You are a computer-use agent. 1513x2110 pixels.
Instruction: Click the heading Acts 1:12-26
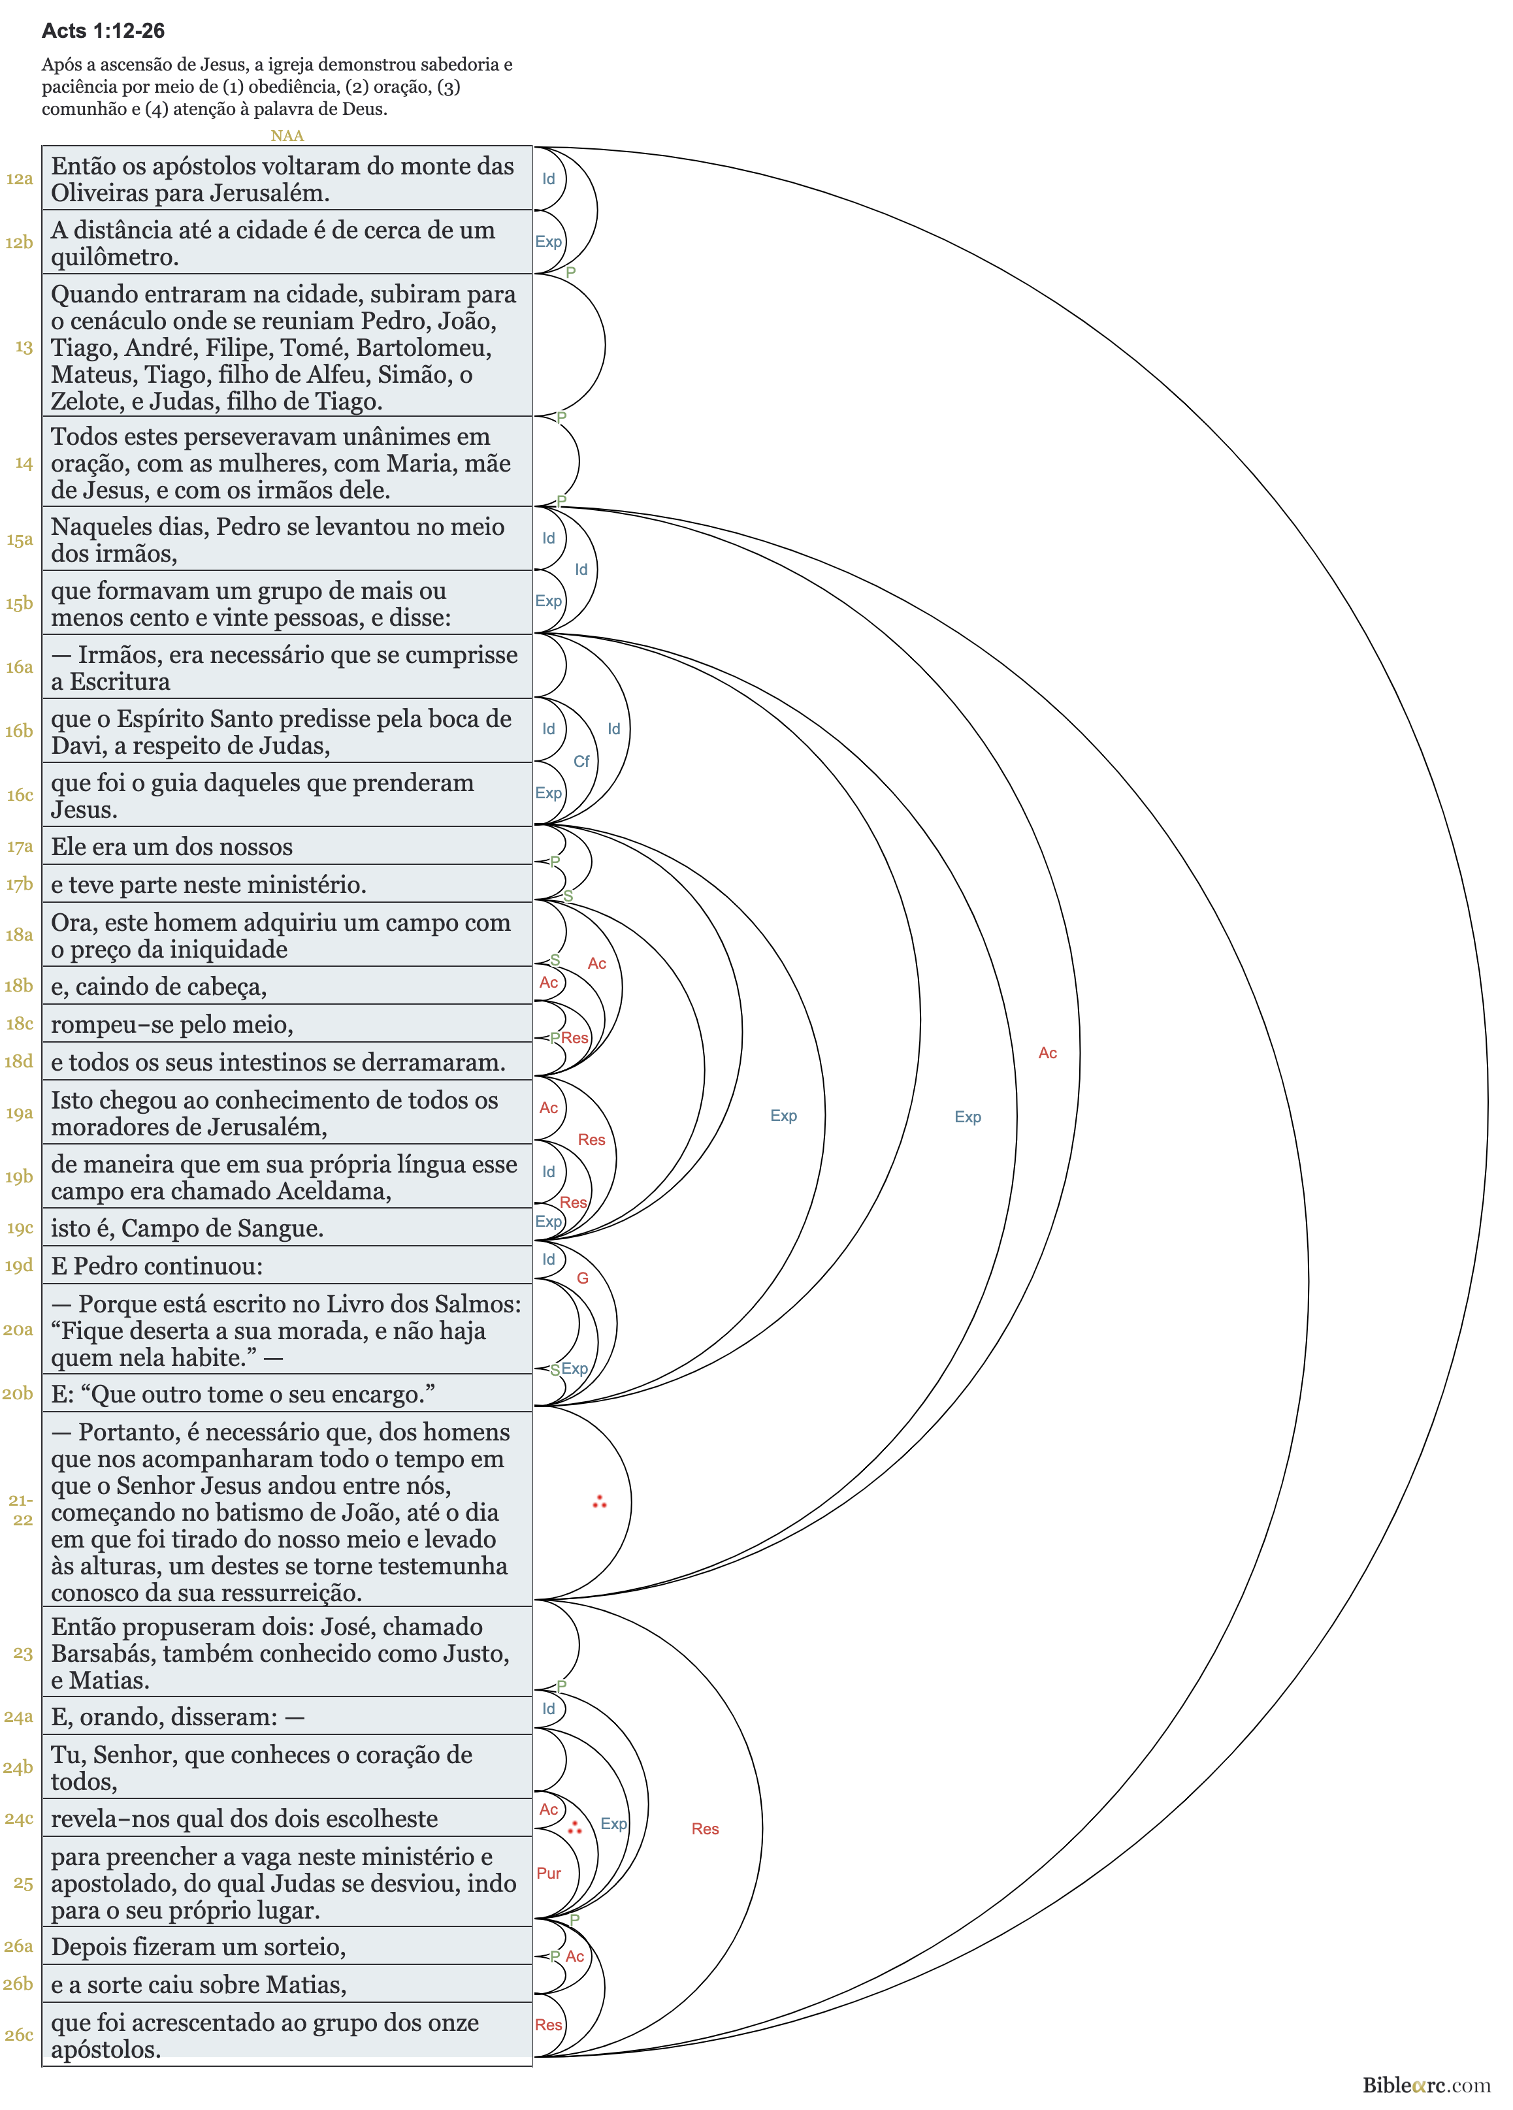[103, 31]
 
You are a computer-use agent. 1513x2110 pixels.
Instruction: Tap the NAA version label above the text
[287, 136]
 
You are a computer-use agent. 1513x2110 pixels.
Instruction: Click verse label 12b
[18, 243]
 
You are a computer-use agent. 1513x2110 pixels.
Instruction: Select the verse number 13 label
[24, 347]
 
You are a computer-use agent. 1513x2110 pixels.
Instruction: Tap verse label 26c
[18, 2035]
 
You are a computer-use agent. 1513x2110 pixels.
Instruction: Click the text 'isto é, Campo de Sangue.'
[187, 1228]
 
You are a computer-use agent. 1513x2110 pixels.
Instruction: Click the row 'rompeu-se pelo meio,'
[172, 1024]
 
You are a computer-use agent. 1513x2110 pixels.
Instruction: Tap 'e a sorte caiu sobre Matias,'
[198, 1985]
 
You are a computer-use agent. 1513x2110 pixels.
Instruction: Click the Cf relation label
[581, 761]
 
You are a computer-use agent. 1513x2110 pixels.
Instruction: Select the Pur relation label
[549, 1873]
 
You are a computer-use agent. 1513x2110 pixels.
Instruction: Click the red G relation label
[583, 1278]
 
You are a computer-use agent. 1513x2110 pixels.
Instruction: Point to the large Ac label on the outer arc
[1048, 1053]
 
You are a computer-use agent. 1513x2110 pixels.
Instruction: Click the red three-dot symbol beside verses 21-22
[599, 1502]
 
